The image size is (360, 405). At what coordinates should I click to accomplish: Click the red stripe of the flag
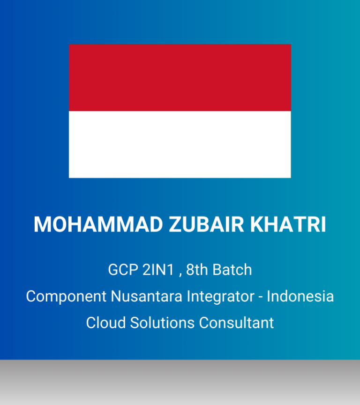coord(180,78)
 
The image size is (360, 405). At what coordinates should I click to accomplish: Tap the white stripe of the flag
coord(180,145)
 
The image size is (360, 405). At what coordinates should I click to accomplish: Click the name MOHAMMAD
coord(98,224)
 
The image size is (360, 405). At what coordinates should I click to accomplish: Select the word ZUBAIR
coord(206,224)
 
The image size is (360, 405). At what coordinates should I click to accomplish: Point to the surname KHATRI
coord(288,224)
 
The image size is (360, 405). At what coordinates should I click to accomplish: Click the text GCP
coord(123,270)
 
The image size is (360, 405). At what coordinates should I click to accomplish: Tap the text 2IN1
coord(158,270)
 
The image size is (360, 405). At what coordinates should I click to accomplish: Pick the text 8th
coord(197,270)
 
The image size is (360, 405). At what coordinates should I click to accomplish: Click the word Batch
coord(232,270)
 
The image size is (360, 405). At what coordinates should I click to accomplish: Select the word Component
coord(66,297)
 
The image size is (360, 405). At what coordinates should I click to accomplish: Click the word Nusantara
coord(146,296)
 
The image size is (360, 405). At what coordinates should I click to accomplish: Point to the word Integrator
coord(220,297)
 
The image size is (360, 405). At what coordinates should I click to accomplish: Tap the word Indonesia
coord(300,296)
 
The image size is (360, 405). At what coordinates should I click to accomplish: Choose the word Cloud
coord(106,322)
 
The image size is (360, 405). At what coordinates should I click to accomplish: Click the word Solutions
coord(162,322)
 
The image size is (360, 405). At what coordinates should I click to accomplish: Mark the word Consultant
coord(236,322)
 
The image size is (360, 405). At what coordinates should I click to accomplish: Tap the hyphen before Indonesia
coord(261,298)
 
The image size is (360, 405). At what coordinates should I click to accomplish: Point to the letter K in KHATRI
coord(257,224)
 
